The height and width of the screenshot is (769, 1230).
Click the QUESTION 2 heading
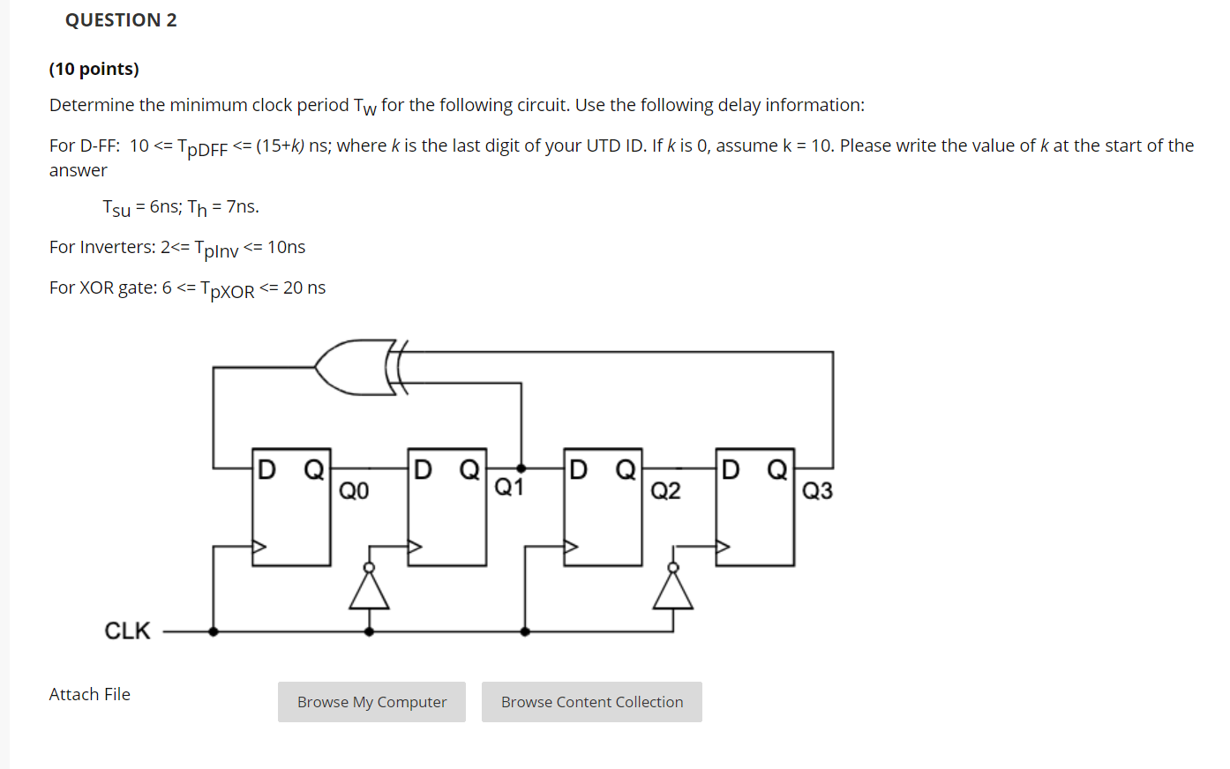coord(121,20)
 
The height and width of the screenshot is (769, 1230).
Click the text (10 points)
coord(94,69)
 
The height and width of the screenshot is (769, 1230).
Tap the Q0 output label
coord(354,491)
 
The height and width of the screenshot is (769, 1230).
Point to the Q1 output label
coord(509,488)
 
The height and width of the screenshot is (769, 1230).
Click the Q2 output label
coord(665,491)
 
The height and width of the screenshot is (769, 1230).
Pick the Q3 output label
coord(817,491)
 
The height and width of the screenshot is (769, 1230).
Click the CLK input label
coord(127,631)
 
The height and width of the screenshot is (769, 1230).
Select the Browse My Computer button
coord(371,702)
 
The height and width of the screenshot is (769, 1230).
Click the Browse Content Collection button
coord(591,702)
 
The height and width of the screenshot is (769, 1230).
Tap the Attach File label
coord(90,695)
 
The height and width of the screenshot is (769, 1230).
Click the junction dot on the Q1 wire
coord(521,468)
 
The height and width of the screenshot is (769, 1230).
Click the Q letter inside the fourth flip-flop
coord(776,469)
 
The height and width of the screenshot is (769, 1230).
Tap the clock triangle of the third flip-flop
coord(571,547)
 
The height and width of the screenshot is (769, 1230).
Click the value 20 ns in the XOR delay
coord(304,287)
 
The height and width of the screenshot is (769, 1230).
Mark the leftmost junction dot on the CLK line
coord(214,631)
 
